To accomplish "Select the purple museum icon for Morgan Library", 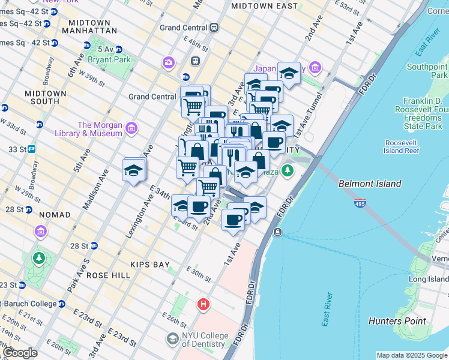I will pyautogui.click(x=131, y=128).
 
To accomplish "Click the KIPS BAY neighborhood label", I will pyautogui.click(x=150, y=264).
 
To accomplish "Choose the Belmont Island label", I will pyautogui.click(x=370, y=184).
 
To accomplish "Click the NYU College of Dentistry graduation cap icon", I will pyautogui.click(x=173, y=340).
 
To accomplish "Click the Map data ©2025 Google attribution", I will pyautogui.click(x=411, y=355).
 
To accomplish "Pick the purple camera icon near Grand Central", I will pyautogui.click(x=169, y=62).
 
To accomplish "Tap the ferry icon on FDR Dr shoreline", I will pyautogui.click(x=277, y=232).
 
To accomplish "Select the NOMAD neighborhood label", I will pyautogui.click(x=55, y=214).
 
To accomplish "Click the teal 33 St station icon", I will pyautogui.click(x=31, y=149).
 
